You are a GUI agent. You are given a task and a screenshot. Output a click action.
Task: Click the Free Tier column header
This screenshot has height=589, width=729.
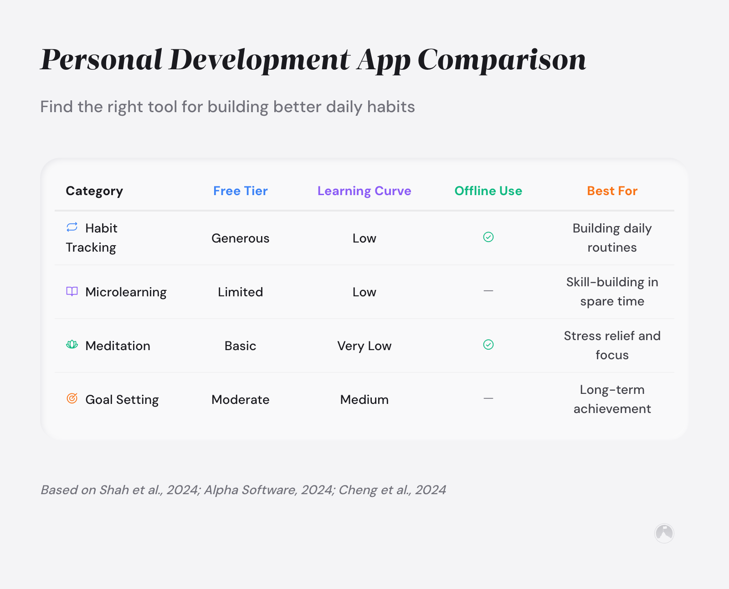point(240,191)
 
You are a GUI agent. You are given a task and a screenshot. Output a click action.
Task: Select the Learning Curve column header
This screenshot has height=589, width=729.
point(364,191)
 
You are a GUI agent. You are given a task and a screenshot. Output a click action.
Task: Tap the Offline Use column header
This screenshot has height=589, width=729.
point(488,191)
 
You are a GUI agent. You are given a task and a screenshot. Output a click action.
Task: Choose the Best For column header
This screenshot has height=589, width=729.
point(612,191)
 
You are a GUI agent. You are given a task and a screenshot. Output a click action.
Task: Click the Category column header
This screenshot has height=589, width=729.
point(94,191)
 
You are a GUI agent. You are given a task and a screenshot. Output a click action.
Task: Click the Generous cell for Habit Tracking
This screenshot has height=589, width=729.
point(240,238)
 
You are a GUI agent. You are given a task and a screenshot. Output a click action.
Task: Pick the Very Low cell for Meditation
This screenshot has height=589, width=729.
point(364,346)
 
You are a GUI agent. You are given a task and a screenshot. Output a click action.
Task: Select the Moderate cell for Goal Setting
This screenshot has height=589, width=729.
point(240,399)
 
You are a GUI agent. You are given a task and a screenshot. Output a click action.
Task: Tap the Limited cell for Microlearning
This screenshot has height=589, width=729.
point(240,292)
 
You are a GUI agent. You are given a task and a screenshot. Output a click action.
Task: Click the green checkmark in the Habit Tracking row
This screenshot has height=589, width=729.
point(488,237)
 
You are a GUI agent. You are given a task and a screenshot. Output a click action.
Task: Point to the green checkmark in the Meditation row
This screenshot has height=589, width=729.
point(488,345)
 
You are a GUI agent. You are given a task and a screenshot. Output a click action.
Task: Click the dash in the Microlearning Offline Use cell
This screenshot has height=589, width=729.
point(488,291)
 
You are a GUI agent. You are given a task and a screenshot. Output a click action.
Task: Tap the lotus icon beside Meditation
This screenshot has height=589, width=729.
point(72,345)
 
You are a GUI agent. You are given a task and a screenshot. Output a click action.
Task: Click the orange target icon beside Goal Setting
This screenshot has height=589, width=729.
point(72,398)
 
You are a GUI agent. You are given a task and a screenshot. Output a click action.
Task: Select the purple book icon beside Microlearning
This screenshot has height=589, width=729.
point(72,291)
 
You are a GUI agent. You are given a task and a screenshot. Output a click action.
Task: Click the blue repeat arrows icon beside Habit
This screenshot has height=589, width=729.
point(72,227)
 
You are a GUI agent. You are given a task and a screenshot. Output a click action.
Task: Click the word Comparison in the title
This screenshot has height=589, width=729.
point(501,60)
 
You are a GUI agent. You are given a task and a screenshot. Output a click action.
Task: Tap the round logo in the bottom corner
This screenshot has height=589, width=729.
point(664,533)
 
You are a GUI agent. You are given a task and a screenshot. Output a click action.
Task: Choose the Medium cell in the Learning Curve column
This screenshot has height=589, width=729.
point(364,399)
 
